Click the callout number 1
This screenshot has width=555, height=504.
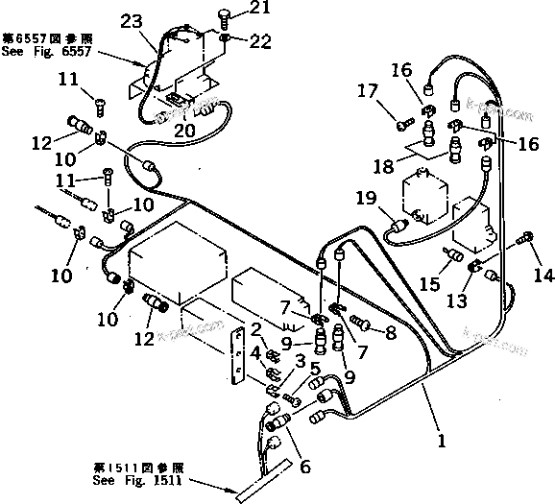click(x=441, y=443)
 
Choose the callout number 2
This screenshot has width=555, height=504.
click(x=256, y=330)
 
